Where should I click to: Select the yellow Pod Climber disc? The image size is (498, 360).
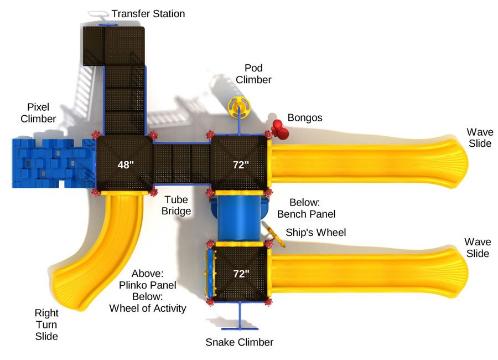click(239, 105)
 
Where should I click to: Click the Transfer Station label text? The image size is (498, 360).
click(148, 13)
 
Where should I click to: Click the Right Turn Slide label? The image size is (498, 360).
click(46, 324)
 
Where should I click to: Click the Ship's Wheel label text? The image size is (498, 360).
click(315, 232)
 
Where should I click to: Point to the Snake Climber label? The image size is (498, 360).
click(239, 342)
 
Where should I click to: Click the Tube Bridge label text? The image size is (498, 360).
click(176, 205)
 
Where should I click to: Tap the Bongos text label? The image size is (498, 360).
click(304, 118)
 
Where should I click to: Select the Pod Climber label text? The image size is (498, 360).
click(253, 74)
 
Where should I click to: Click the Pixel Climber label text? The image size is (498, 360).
click(38, 112)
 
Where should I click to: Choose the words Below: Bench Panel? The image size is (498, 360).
click(305, 208)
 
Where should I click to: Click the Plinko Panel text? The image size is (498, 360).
click(148, 285)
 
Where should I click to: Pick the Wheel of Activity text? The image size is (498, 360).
click(148, 308)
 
